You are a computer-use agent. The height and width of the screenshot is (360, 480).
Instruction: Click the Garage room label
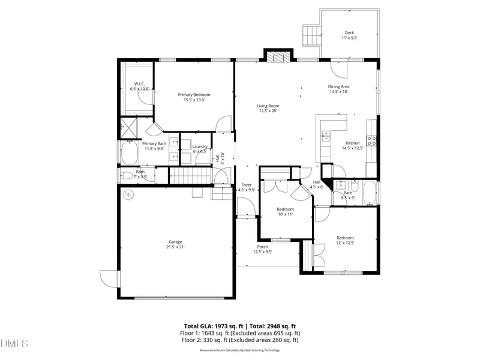pyautogui.click(x=175, y=244)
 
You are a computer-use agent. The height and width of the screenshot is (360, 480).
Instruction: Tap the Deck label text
pyautogui.click(x=349, y=35)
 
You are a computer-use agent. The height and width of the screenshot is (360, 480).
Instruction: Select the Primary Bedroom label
pyautogui.click(x=194, y=97)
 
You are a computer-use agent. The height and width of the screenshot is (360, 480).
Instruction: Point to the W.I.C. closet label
pyautogui.click(x=139, y=86)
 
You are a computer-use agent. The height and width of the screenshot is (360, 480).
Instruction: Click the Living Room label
pyautogui.click(x=268, y=108)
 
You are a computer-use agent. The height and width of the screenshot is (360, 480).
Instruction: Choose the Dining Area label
pyautogui.click(x=338, y=89)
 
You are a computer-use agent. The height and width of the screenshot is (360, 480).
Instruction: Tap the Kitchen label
pyautogui.click(x=352, y=145)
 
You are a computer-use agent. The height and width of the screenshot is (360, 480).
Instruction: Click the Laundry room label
pyautogui.click(x=199, y=149)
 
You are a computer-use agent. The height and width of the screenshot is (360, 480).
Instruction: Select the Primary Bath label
pyautogui.click(x=154, y=146)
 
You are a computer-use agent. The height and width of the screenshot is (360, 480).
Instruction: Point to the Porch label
pyautogui.click(x=262, y=249)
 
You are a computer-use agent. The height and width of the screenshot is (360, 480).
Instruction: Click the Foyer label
pyautogui.click(x=247, y=187)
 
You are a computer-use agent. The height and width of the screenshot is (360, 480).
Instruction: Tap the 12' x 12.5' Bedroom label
pyautogui.click(x=344, y=240)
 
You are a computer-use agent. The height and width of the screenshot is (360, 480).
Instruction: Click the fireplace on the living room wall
pyautogui.click(x=278, y=58)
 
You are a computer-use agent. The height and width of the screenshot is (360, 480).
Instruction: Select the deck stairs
pyautogui.click(x=311, y=35)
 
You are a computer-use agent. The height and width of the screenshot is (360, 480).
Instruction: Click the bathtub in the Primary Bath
pyautogui.click(x=129, y=154)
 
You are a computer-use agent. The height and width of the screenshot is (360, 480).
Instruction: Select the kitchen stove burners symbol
pyautogui.click(x=372, y=142)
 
